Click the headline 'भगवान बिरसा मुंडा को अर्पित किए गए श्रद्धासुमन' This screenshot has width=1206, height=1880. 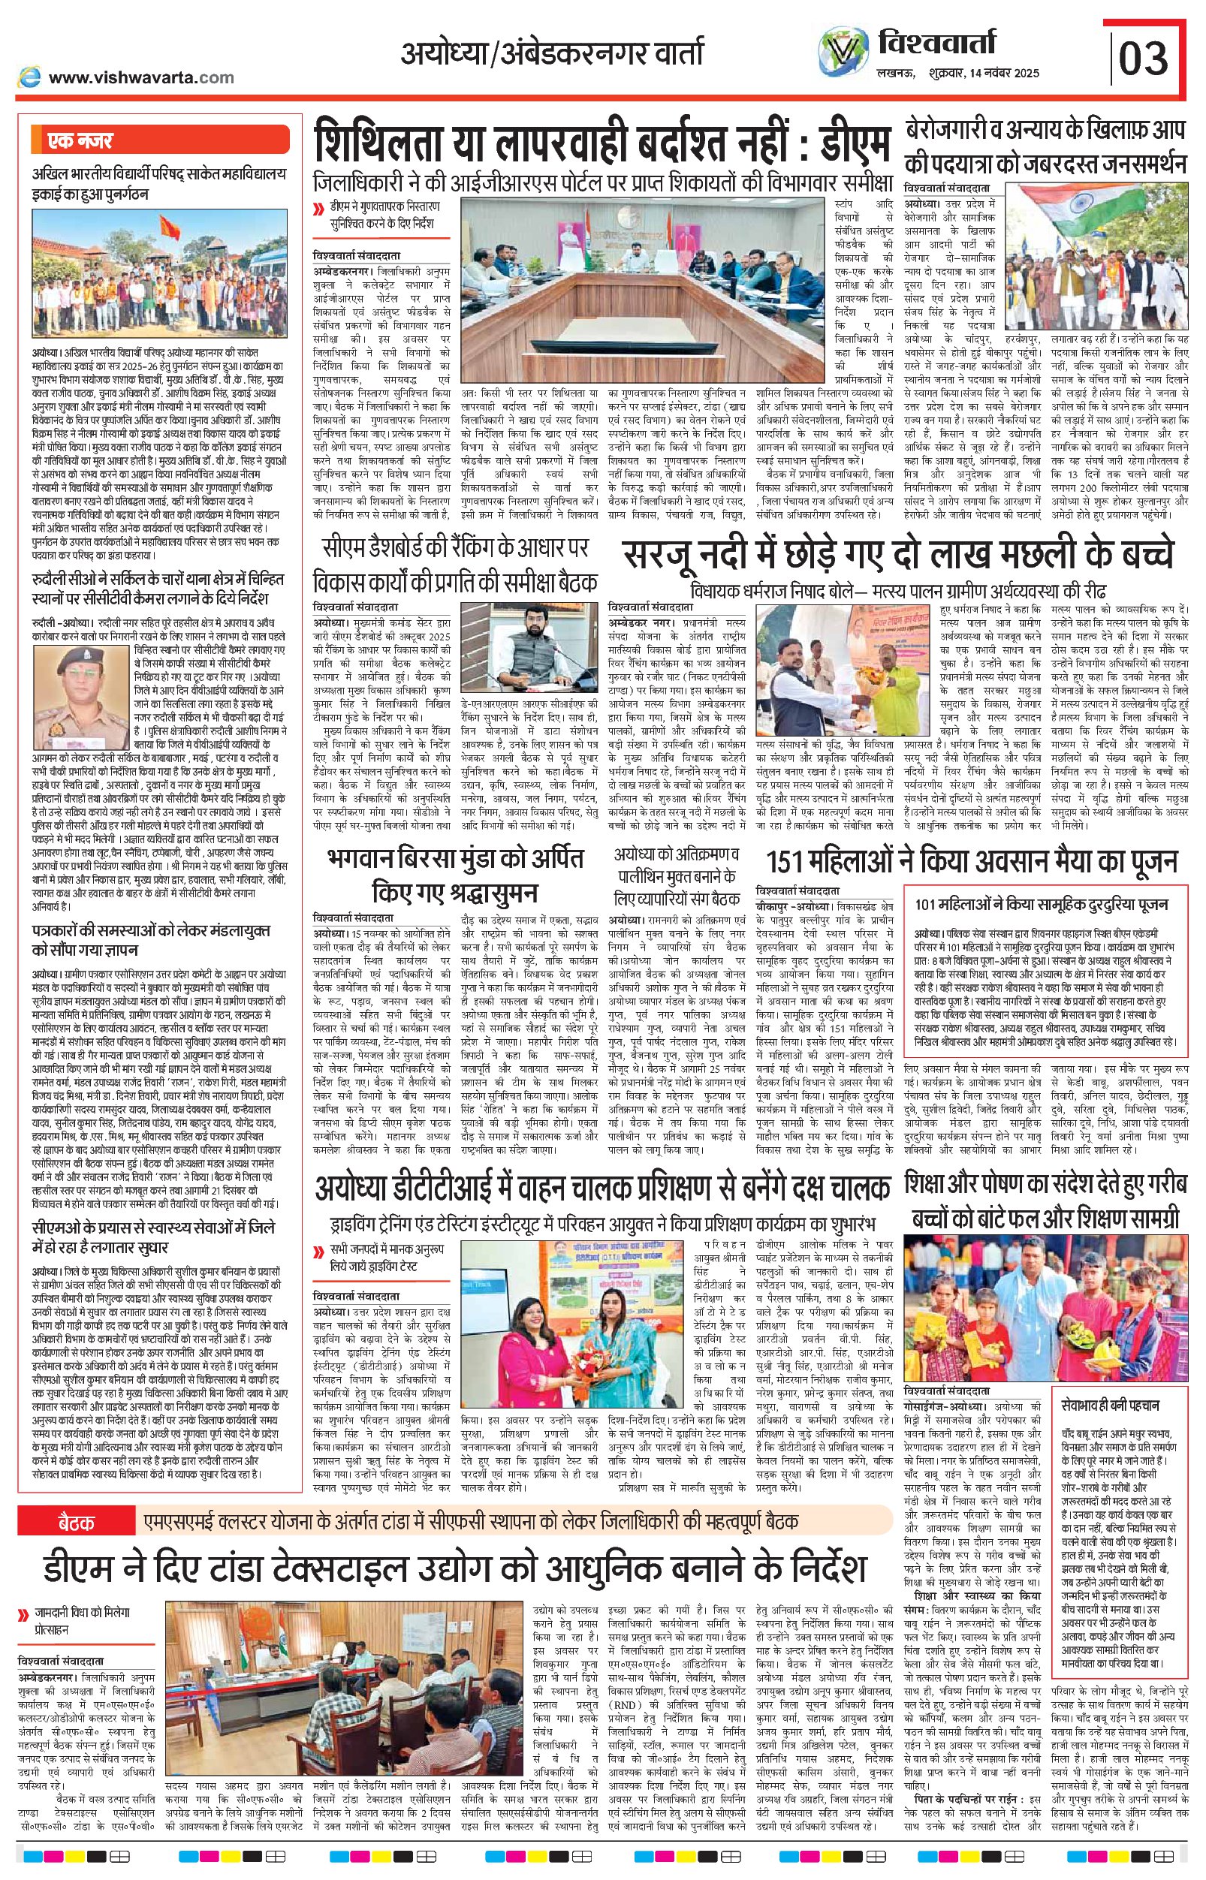[455, 875]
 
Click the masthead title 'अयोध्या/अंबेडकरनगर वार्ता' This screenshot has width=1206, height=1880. [551, 53]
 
